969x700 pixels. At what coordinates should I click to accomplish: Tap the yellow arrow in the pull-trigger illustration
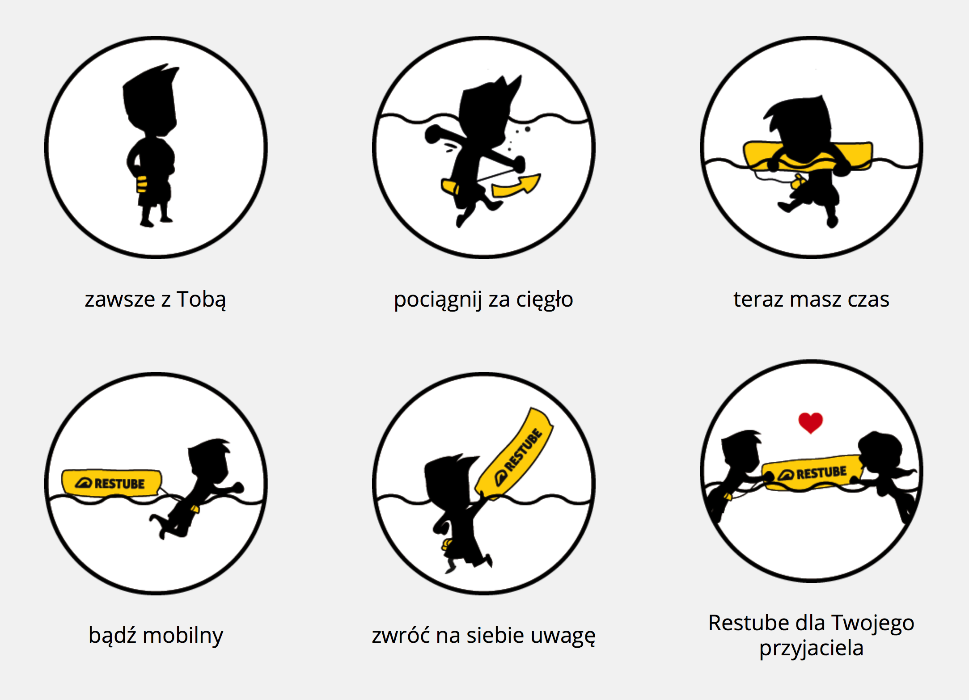tap(516, 186)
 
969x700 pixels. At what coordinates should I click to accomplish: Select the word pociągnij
tap(438, 300)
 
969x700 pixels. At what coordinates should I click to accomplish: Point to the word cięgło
tap(545, 300)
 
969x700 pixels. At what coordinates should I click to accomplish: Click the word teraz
tap(758, 299)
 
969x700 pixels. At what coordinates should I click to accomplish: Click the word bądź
tap(112, 635)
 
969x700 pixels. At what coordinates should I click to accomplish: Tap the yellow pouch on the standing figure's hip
tap(142, 184)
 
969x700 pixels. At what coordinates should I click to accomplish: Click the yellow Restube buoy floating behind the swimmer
tap(112, 483)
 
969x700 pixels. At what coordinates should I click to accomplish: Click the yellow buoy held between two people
tap(812, 473)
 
